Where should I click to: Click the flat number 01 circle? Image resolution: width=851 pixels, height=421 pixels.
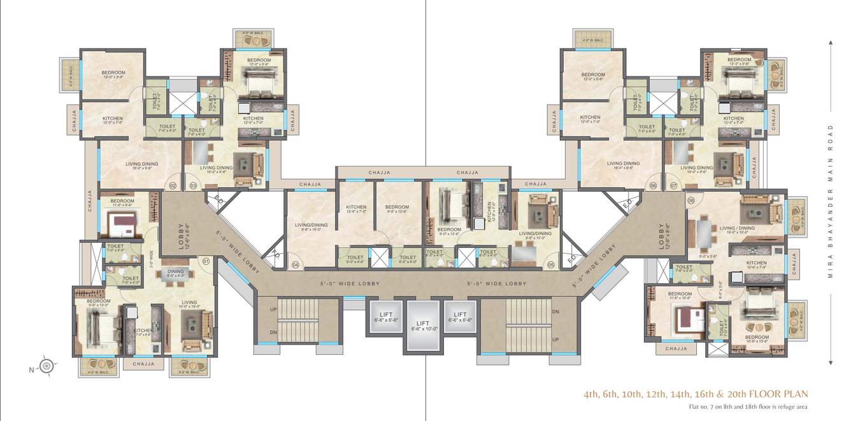[x=205, y=260]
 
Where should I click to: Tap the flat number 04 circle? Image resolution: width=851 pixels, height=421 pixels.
[x=295, y=264]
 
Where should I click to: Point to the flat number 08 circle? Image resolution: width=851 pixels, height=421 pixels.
[x=690, y=201]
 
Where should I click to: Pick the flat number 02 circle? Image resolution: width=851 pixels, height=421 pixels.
[x=172, y=186]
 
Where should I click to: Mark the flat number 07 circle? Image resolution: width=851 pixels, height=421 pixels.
[x=674, y=186]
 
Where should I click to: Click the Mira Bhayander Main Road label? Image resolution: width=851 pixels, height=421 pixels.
[x=831, y=201]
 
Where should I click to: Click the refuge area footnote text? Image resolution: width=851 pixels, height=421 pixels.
[x=748, y=406]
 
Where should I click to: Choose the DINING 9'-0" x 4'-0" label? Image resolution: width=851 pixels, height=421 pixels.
[x=175, y=274]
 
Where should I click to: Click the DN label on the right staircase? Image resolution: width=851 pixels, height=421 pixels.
[x=555, y=311]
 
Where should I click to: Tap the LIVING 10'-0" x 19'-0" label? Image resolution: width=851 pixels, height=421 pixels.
[x=189, y=304]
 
